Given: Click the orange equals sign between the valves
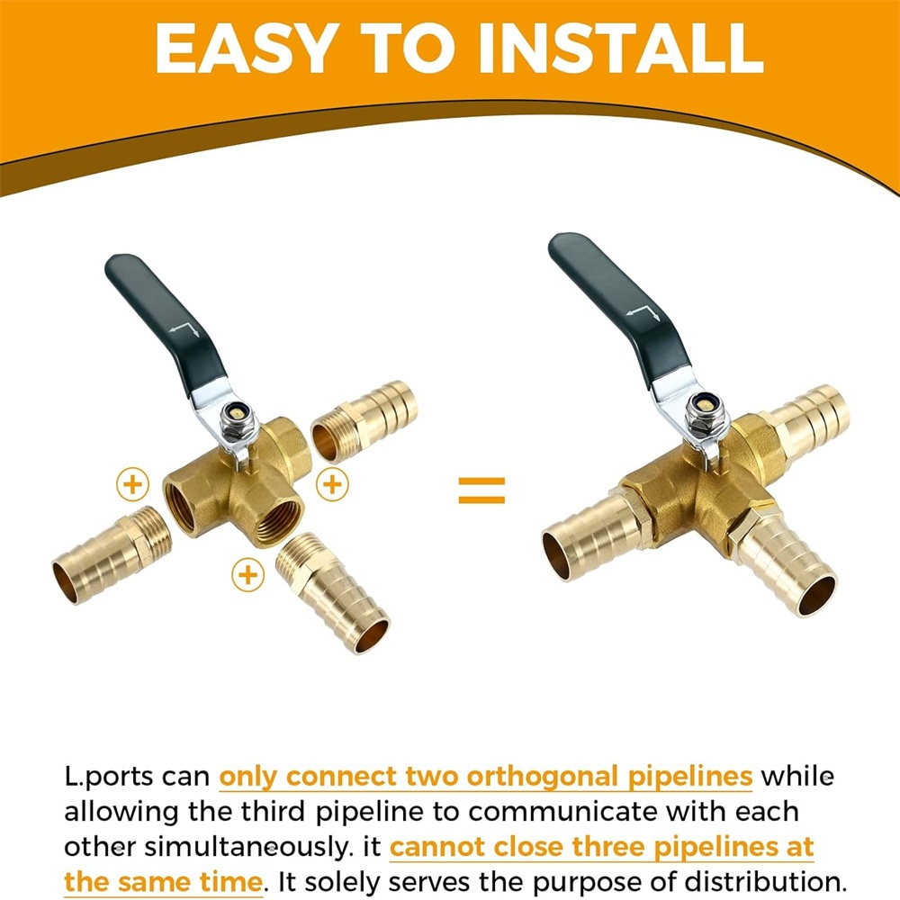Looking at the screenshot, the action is click(x=481, y=490).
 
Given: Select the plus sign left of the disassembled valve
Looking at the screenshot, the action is click(x=132, y=484).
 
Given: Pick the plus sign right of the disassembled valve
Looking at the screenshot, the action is click(x=332, y=484).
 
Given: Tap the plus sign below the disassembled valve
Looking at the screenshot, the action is click(x=248, y=574).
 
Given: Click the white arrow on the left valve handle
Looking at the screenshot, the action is click(x=184, y=329).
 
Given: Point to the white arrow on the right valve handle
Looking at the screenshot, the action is click(x=642, y=313).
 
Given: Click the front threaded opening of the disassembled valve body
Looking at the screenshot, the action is click(x=280, y=519).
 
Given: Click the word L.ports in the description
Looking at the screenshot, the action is click(x=109, y=778).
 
